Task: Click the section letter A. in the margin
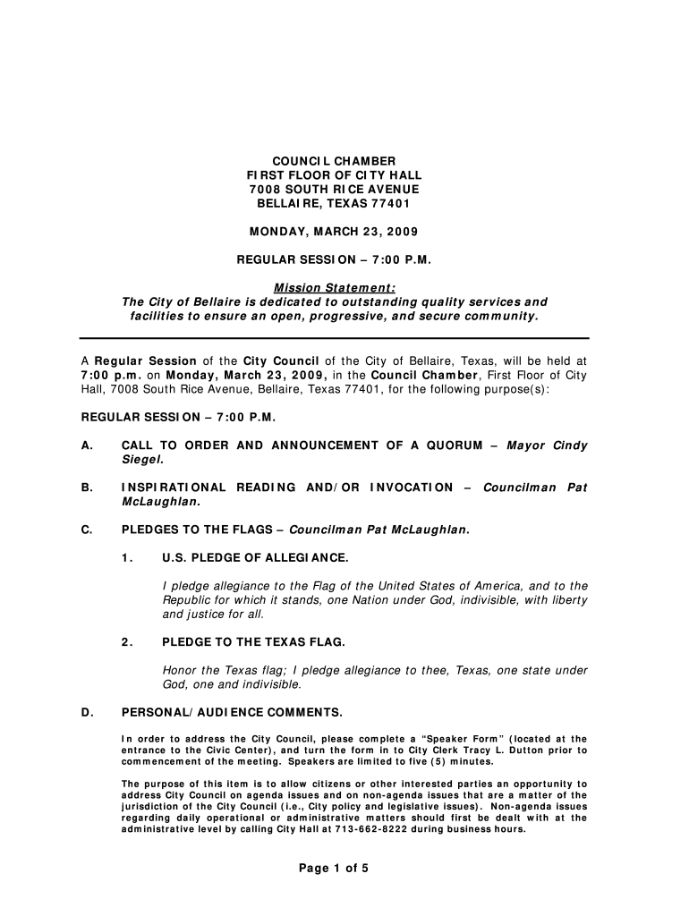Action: tap(87, 445)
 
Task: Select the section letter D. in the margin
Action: tap(87, 712)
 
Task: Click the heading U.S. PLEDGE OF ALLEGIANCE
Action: tap(254, 558)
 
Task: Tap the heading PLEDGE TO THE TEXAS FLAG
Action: tap(253, 642)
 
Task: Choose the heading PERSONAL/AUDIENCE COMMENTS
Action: tap(232, 712)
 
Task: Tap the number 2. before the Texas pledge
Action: tap(128, 642)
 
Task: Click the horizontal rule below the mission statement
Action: tap(334, 338)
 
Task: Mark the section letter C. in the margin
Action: tap(87, 530)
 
